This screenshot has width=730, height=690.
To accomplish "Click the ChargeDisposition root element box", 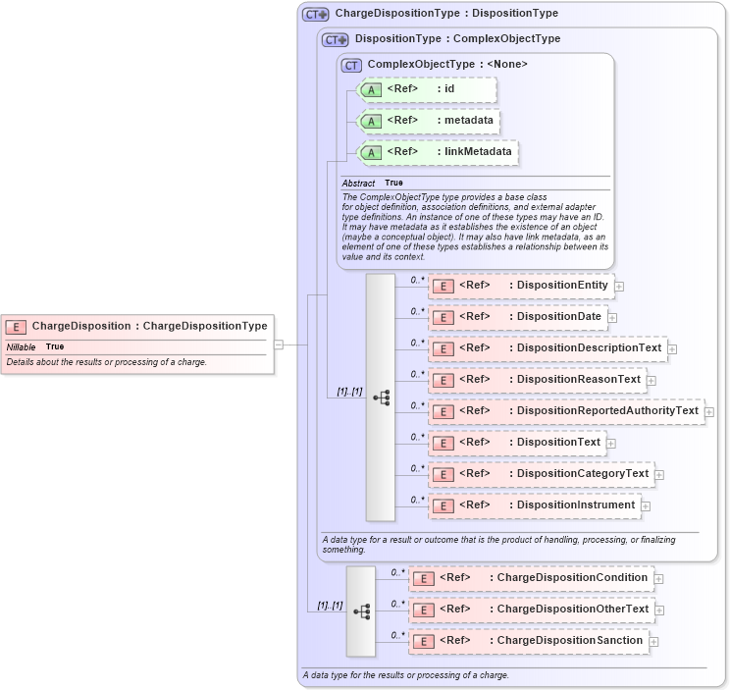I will (x=135, y=326).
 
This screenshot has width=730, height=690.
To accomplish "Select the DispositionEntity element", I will (x=520, y=286).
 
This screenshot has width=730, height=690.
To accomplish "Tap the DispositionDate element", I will (x=516, y=317).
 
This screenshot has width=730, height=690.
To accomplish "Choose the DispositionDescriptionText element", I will (x=547, y=348).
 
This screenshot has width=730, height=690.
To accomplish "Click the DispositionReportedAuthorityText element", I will (x=565, y=411).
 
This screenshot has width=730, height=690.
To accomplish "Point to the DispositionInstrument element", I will (x=533, y=505).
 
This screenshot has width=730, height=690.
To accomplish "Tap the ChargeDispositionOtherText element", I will (x=531, y=610).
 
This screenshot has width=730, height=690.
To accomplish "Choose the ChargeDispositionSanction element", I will (x=528, y=641).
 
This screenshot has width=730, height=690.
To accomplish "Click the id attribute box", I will (x=427, y=90).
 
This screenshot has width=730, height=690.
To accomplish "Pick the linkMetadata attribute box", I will (x=437, y=153).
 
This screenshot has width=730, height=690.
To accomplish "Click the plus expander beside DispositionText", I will (x=611, y=444).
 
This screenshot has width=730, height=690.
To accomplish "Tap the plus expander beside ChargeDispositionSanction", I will (x=654, y=642).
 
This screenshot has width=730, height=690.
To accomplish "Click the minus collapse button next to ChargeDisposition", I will (x=279, y=345).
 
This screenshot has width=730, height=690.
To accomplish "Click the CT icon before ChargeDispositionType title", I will (x=315, y=15).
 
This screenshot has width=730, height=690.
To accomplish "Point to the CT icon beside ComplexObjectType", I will (x=351, y=65).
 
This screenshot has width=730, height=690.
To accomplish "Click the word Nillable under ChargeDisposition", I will (x=21, y=347).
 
